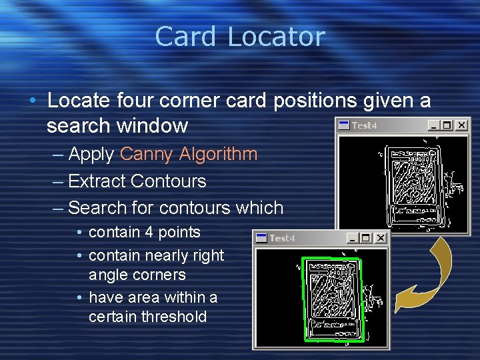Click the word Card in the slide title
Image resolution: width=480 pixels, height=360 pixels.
(x=187, y=37)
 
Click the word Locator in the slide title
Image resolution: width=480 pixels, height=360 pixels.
(x=275, y=37)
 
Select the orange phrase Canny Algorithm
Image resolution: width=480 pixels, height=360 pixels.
(x=189, y=154)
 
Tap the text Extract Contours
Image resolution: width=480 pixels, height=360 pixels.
(x=137, y=181)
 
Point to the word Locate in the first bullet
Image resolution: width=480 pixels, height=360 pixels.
(x=78, y=101)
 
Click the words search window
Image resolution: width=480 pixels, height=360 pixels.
(x=118, y=125)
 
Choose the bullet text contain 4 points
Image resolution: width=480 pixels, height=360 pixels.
(x=145, y=232)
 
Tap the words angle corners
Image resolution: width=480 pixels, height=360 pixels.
(x=137, y=275)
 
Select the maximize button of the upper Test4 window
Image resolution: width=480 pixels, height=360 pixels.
(x=447, y=125)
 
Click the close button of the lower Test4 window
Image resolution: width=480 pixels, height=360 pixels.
(x=380, y=238)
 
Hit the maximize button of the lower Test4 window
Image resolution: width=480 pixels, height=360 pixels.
(x=365, y=238)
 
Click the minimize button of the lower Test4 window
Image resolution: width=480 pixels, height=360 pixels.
(x=352, y=238)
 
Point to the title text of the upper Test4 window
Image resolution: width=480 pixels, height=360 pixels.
(x=364, y=125)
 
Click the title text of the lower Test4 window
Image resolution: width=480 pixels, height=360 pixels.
(x=282, y=238)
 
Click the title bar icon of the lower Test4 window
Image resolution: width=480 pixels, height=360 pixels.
(x=261, y=238)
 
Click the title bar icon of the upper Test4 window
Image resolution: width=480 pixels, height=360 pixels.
(x=343, y=125)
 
